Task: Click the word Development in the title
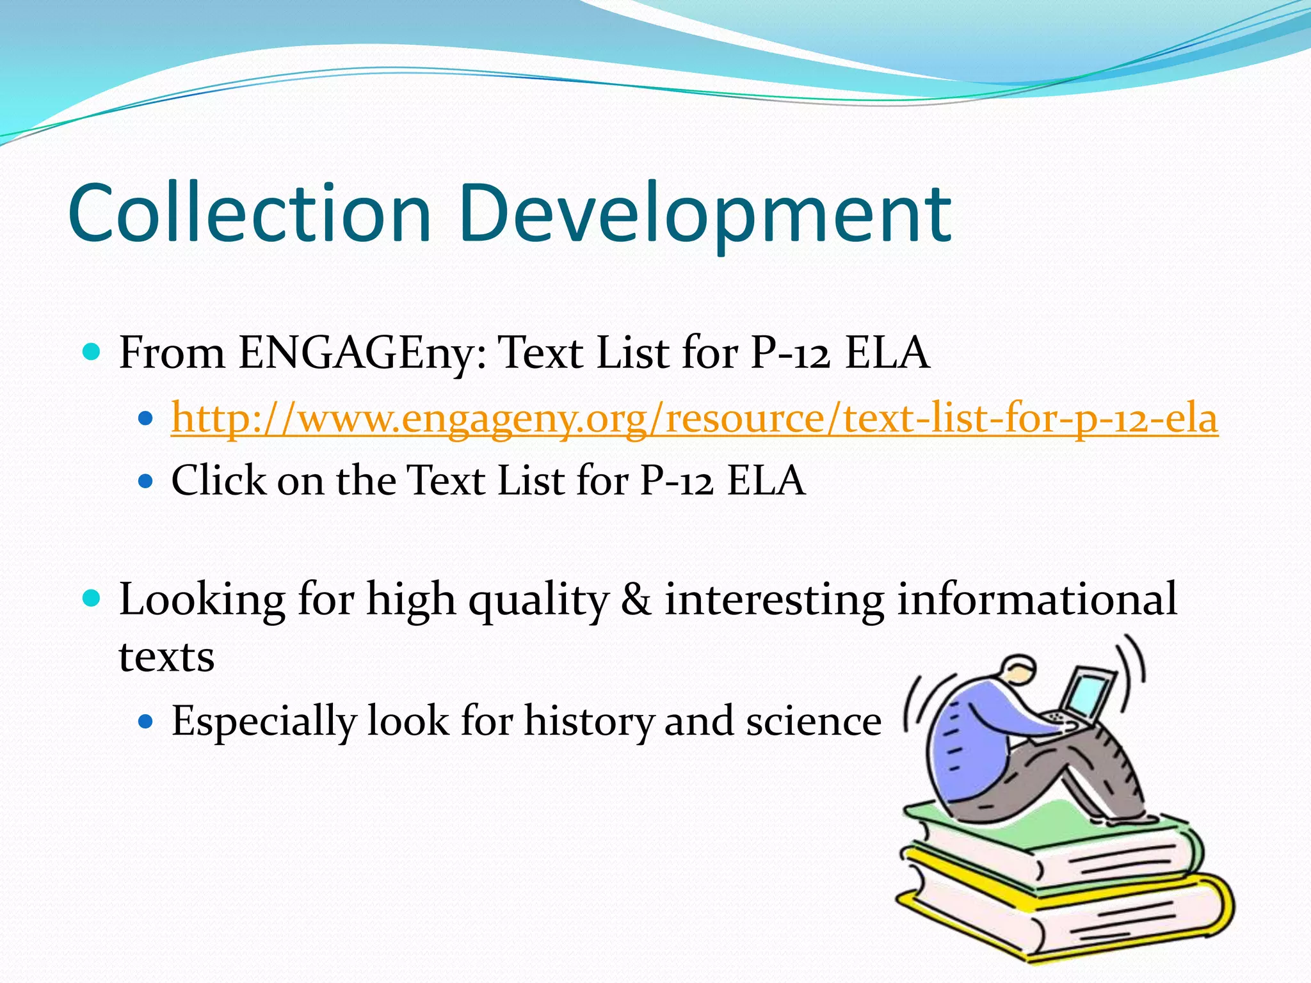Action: [x=704, y=214]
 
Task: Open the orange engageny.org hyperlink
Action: [x=694, y=419]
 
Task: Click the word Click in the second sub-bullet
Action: [x=218, y=480]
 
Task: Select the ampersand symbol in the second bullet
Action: [x=636, y=600]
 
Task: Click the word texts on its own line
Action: [x=166, y=657]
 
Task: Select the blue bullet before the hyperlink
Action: [x=146, y=419]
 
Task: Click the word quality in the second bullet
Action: [x=538, y=600]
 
